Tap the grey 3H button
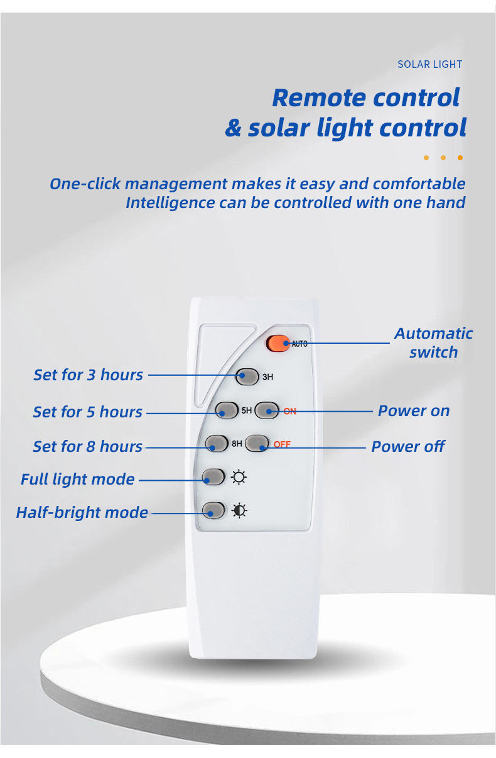247,376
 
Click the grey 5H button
227,410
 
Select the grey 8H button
217,443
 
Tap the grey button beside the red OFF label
257,443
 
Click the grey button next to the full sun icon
213,476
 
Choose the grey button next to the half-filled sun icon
213,510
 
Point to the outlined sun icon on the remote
239,477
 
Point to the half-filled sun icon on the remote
239,510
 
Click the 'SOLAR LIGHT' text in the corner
429,64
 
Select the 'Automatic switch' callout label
433,343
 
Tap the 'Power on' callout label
414,411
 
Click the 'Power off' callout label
408,446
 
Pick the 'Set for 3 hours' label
89,375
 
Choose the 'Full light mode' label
78,480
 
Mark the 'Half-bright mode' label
82,513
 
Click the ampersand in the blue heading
234,128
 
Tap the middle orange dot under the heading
443,158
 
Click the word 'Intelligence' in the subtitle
170,203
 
